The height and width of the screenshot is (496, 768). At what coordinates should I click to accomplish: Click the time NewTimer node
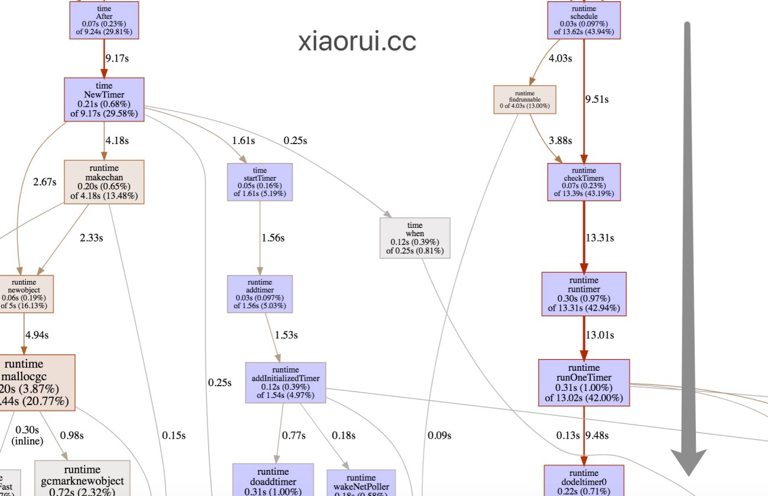(x=104, y=99)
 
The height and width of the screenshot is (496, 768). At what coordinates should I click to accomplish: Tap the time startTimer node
(x=259, y=181)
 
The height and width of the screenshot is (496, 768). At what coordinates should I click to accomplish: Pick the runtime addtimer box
(x=259, y=294)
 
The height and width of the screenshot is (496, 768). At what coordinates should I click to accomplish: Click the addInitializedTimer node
(x=285, y=383)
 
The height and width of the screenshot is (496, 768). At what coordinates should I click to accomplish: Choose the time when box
(x=415, y=238)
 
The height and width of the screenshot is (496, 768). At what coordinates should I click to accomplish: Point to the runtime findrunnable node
(x=525, y=99)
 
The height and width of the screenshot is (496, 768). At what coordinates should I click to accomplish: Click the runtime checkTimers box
(x=584, y=181)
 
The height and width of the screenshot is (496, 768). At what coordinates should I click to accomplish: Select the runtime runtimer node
(x=584, y=294)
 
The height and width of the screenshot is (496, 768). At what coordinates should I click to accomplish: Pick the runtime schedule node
(x=584, y=20)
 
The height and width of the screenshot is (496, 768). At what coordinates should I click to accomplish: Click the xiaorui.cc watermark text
(x=357, y=41)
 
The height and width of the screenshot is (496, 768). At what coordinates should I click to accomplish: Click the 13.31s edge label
(x=600, y=238)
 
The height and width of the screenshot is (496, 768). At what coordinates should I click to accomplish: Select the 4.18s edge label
(x=117, y=141)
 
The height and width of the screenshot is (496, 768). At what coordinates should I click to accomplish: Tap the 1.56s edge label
(x=273, y=238)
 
